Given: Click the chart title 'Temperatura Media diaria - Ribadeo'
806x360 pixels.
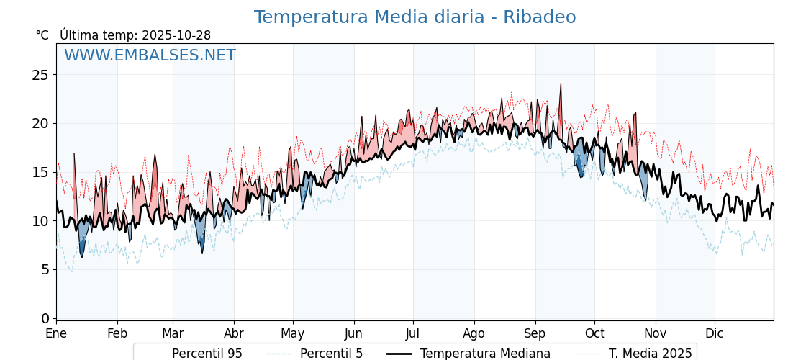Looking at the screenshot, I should point(415,17).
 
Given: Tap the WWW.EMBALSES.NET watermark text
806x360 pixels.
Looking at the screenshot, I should point(150,55).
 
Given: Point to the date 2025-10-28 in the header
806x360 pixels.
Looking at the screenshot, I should point(176,35).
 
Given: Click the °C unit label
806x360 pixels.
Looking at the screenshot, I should point(42,35).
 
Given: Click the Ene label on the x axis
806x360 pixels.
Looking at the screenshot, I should point(56,334).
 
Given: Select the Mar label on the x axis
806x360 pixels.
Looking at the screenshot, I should point(173,334).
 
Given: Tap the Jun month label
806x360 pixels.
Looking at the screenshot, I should point(353,334).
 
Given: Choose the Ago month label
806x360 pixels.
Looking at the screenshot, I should point(474,334).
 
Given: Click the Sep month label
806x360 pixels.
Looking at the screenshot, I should point(535,334).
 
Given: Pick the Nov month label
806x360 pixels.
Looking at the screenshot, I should point(655,334).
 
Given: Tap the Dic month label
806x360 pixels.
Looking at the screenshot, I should point(714,334).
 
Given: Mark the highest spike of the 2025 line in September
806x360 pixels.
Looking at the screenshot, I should point(561,84).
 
